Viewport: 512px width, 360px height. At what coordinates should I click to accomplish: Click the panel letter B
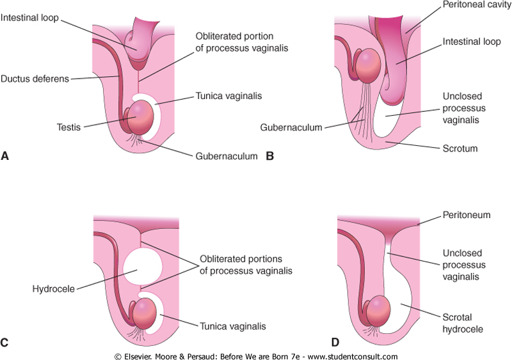(x=269, y=154)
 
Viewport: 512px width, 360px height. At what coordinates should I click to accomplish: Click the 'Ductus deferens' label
(x=35, y=79)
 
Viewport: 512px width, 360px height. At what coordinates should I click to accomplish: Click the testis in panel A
(x=142, y=117)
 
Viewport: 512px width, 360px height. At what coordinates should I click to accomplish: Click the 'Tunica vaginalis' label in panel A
(x=225, y=96)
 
